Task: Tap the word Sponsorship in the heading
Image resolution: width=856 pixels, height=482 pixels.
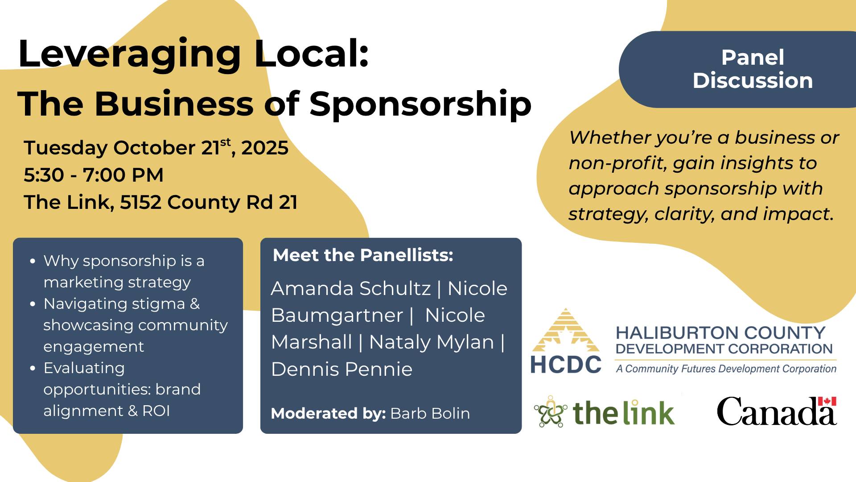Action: pyautogui.click(x=420, y=104)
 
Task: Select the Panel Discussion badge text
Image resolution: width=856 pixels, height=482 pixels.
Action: pyautogui.click(x=753, y=69)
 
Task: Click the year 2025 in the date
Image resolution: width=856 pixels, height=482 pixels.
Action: pyautogui.click(x=265, y=148)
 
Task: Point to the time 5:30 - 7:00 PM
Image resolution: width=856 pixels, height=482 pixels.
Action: pyautogui.click(x=94, y=175)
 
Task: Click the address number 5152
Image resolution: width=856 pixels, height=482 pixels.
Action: pyautogui.click(x=140, y=202)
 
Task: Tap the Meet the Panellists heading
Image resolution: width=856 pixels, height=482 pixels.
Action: pyautogui.click(x=363, y=255)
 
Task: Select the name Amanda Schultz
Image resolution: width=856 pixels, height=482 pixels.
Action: pyautogui.click(x=351, y=289)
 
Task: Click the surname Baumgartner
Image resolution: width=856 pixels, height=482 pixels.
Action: pyautogui.click(x=337, y=316)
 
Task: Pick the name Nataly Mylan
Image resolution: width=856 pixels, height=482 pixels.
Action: pyautogui.click(x=432, y=343)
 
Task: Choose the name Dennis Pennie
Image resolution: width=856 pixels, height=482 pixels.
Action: pyautogui.click(x=342, y=370)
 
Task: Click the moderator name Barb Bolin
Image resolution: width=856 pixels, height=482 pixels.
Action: pyautogui.click(x=430, y=413)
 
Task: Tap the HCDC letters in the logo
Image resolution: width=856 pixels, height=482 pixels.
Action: pyautogui.click(x=566, y=365)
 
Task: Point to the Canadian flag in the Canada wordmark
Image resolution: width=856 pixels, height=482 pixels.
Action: pyautogui.click(x=827, y=401)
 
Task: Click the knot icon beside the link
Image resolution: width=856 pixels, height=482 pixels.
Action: pyautogui.click(x=551, y=411)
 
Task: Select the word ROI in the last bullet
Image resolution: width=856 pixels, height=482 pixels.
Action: pyautogui.click(x=156, y=411)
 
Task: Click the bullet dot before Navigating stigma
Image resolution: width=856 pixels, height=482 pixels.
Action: pyautogui.click(x=33, y=304)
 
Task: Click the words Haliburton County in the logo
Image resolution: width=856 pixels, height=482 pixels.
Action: pyautogui.click(x=720, y=333)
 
